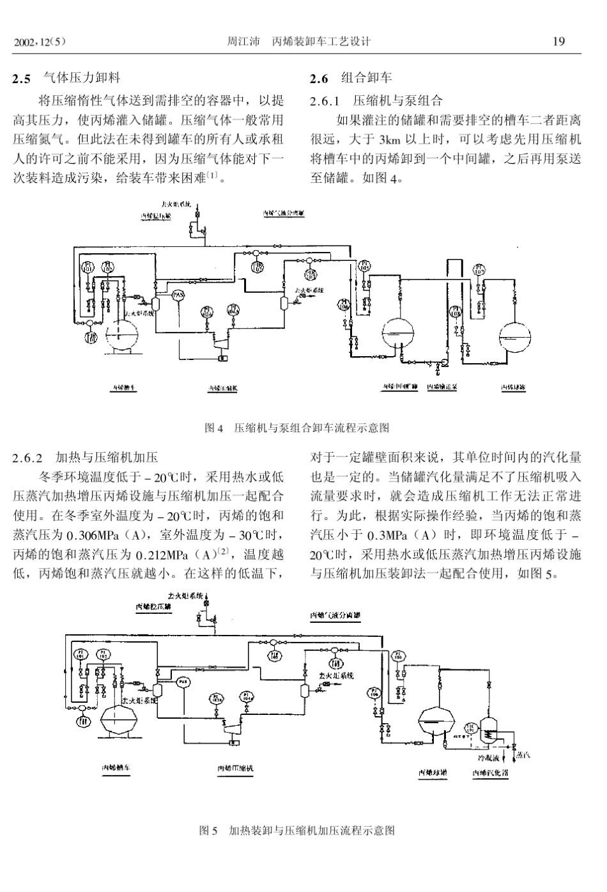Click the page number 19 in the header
(558, 42)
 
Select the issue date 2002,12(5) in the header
(40, 43)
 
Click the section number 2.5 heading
(22, 79)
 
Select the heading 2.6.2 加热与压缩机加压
(85, 457)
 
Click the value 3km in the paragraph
(389, 139)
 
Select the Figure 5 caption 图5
(208, 831)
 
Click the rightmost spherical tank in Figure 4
(516, 334)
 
